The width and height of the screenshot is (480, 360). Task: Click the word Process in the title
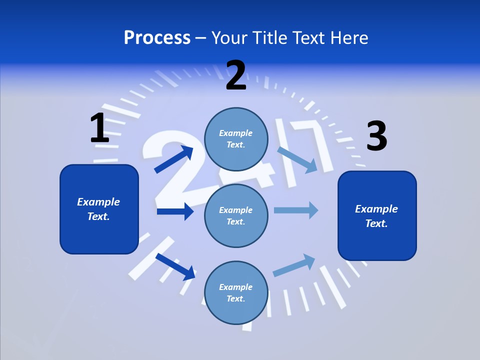157,38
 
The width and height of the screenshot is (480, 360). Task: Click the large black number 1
100,127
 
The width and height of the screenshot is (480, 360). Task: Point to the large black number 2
236,75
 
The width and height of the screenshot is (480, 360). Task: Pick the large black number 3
377,135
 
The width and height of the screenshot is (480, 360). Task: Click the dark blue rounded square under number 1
99,209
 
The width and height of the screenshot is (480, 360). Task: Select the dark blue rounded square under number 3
377,216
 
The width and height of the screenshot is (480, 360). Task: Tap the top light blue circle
236,139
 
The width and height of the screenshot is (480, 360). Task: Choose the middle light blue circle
236,216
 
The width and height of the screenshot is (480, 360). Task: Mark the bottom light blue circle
236,293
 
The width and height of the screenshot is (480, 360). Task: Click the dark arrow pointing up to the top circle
174,159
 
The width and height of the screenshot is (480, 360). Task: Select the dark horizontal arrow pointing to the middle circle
175,211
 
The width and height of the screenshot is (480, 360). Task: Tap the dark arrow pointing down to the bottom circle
175,266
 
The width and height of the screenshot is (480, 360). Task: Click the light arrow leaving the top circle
297,160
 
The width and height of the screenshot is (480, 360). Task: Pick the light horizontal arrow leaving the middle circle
296,210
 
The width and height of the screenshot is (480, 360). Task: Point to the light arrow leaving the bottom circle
294,265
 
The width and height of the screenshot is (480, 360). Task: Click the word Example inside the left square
98,202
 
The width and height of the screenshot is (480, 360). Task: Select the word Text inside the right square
376,223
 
